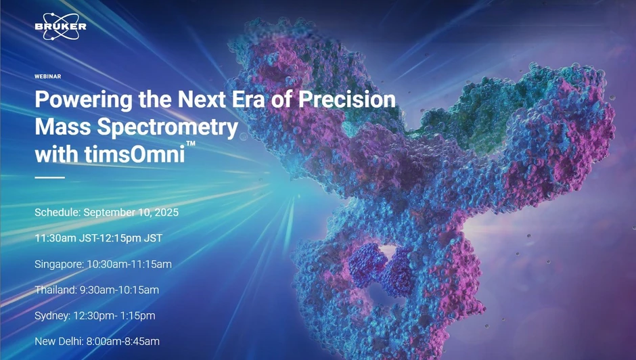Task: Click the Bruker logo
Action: click(60, 26)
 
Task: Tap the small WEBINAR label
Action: click(48, 76)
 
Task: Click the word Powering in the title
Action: click(74, 100)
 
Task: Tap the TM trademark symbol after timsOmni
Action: click(191, 144)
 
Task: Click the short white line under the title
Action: click(49, 177)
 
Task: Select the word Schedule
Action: click(57, 212)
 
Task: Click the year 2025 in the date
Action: click(166, 212)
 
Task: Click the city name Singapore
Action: click(59, 264)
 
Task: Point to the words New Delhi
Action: click(58, 342)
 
